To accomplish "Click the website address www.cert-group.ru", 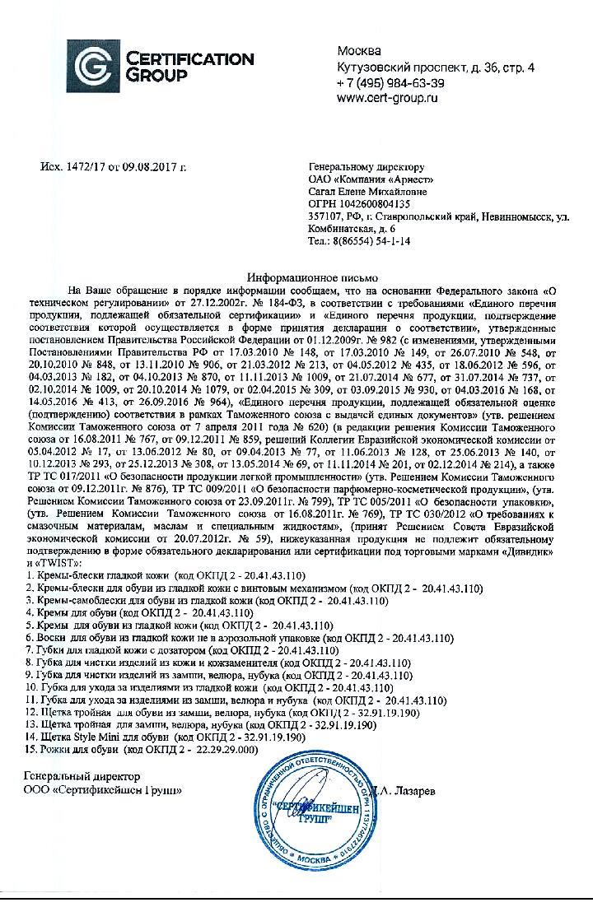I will coord(386,97).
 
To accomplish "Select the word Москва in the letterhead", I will coord(358,52).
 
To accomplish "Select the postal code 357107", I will coord(324,216).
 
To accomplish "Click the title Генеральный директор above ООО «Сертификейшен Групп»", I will coord(82,776).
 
